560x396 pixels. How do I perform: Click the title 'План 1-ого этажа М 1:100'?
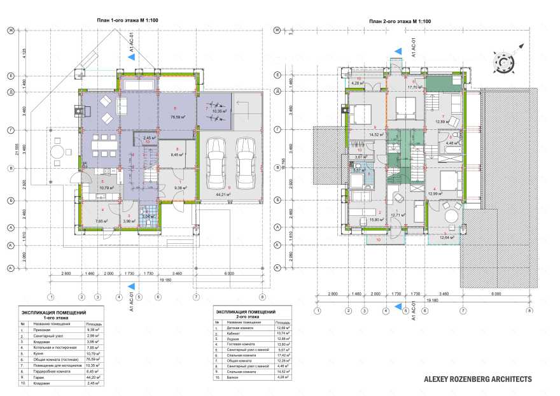coord(127,21)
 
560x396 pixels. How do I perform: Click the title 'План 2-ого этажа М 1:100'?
coord(400,21)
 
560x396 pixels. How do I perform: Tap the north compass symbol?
coord(504,62)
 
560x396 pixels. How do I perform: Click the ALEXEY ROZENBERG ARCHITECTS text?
coord(478,379)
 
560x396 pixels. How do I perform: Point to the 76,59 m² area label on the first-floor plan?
coord(168,117)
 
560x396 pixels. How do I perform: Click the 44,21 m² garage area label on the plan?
coord(221,194)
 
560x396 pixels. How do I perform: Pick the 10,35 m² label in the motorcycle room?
coord(213,111)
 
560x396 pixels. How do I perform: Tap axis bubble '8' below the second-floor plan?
coord(529,311)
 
